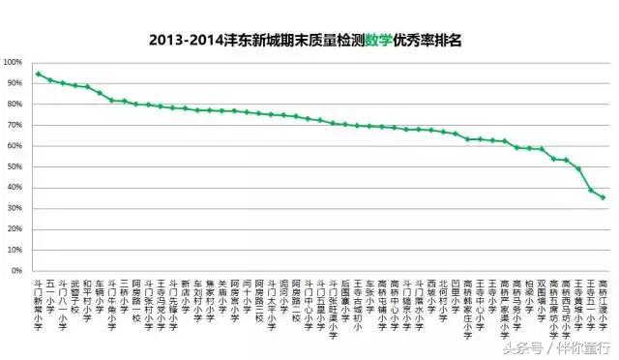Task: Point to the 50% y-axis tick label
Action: [15, 166]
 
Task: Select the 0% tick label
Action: [18, 270]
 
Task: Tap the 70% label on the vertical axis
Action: [15, 125]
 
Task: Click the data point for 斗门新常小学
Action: [38, 74]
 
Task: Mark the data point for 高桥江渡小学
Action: [604, 197]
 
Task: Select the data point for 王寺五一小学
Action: [591, 190]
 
